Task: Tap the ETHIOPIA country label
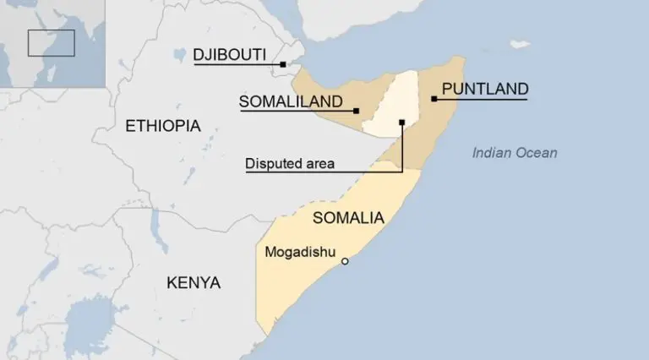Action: pyautogui.click(x=163, y=127)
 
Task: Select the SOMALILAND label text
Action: pyautogui.click(x=291, y=102)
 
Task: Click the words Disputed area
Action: pyautogui.click(x=289, y=164)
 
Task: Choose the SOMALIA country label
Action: pyautogui.click(x=348, y=218)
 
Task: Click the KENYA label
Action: pyautogui.click(x=194, y=282)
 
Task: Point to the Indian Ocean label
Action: pyautogui.click(x=515, y=153)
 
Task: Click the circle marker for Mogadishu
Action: pyautogui.click(x=344, y=261)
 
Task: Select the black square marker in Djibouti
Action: pyautogui.click(x=285, y=63)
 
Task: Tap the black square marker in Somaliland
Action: pyautogui.click(x=357, y=111)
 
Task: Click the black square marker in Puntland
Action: pyautogui.click(x=434, y=99)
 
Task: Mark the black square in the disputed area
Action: pyautogui.click(x=402, y=123)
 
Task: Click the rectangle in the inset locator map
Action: pyautogui.click(x=51, y=43)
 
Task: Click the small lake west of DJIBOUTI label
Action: pyautogui.click(x=178, y=55)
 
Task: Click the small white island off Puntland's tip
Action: pyautogui.click(x=519, y=43)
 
